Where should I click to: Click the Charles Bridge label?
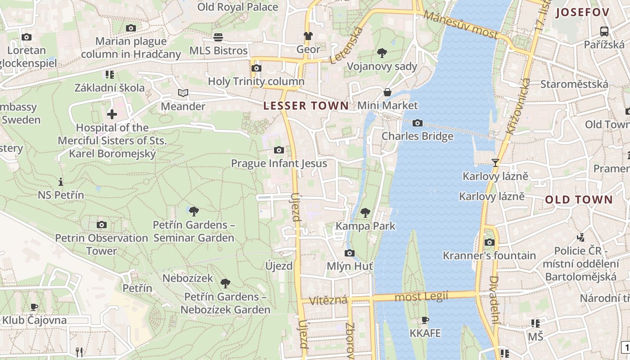417,136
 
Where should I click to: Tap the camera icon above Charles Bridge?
417,123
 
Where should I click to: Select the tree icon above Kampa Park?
365,212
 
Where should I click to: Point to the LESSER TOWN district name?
306,106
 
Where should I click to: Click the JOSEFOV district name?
582,13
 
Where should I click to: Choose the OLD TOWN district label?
579,200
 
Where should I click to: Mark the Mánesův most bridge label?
461,25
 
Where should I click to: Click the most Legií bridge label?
421,297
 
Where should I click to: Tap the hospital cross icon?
112,114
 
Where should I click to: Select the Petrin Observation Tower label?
102,244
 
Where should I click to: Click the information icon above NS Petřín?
61,182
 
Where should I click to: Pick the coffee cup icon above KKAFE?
425,320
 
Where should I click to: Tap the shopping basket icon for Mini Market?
387,92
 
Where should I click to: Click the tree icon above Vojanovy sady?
382,53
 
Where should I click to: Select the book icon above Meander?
183,93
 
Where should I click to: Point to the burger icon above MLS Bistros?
218,37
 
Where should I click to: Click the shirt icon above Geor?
308,36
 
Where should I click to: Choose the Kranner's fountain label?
489,256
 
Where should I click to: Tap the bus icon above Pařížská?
604,31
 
